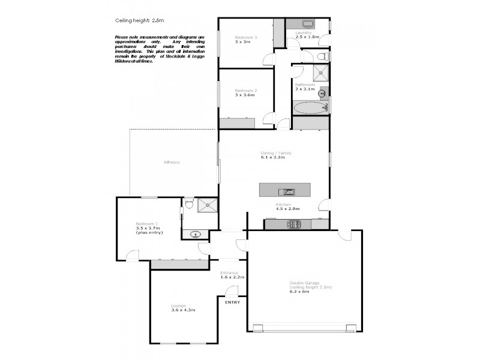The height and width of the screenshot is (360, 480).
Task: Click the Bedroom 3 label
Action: [x=246, y=38]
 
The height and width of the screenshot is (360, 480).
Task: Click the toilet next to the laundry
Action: [x=323, y=56]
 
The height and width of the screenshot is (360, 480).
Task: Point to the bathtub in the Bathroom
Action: [x=309, y=108]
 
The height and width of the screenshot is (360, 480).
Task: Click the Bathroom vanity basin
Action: [x=323, y=92]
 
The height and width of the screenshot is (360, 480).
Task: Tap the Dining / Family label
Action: [x=276, y=153]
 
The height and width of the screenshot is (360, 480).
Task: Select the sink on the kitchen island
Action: [x=288, y=192]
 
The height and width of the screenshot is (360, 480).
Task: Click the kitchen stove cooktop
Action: [x=295, y=224]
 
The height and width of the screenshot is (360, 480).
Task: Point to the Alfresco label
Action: [x=172, y=163]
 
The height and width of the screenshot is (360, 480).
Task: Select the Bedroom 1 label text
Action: [x=146, y=223]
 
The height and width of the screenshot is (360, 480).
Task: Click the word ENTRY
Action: [x=232, y=302]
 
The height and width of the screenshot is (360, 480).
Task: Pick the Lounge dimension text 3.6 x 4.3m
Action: [x=183, y=310]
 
